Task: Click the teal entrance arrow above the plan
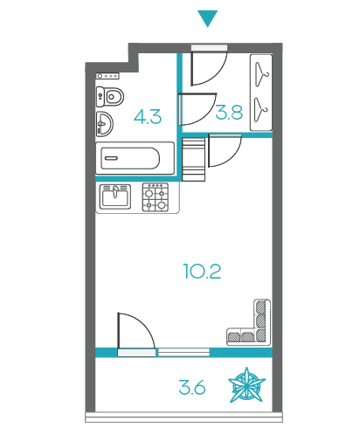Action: pyautogui.click(x=207, y=18)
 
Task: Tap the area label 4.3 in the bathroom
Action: pyautogui.click(x=148, y=117)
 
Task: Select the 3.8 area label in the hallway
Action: pyautogui.click(x=229, y=113)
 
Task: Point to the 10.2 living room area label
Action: pyautogui.click(x=202, y=272)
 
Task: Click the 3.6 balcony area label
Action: pyautogui.click(x=192, y=388)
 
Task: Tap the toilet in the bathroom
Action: pyautogui.click(x=110, y=96)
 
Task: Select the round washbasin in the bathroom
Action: pyautogui.click(x=104, y=123)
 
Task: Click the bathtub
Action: pyautogui.click(x=135, y=158)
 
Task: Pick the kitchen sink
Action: pyautogui.click(x=115, y=196)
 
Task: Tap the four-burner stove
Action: pyautogui.click(x=156, y=197)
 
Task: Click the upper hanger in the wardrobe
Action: pyautogui.click(x=261, y=74)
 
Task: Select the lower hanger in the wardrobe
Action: pyautogui.click(x=261, y=110)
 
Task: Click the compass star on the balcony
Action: pyautogui.click(x=246, y=385)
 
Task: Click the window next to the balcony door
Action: pyautogui.click(x=183, y=352)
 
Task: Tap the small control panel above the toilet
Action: pyautogui.click(x=107, y=76)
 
